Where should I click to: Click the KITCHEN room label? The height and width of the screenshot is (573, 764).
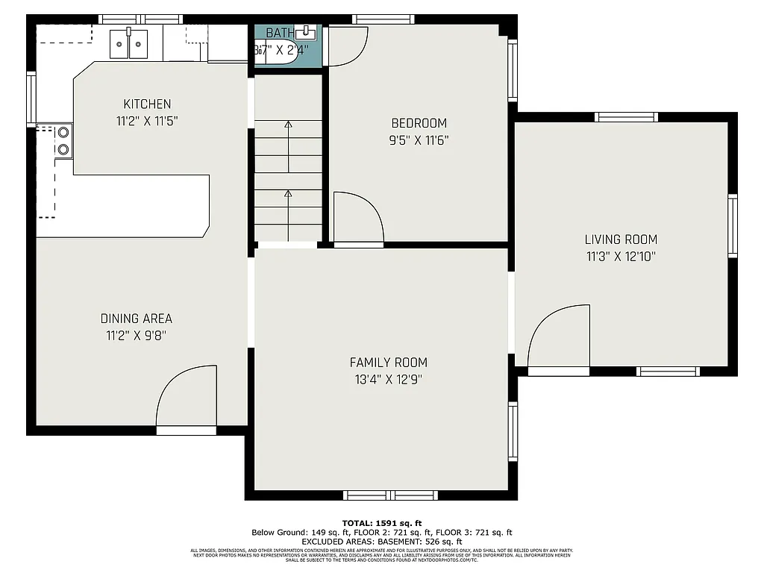coord(147,104)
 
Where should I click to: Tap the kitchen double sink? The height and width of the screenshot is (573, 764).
coord(129,44)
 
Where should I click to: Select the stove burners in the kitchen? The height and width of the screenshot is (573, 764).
coord(63,141)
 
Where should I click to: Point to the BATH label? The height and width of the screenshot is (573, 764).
coord(280,33)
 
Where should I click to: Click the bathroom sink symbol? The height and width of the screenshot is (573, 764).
coord(306,32)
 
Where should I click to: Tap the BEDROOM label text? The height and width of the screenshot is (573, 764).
coord(419,123)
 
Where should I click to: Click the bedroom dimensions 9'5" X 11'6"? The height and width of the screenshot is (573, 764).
coord(419,140)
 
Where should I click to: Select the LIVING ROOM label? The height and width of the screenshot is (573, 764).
coord(621,239)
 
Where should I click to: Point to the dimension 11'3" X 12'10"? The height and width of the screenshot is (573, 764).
coord(621,256)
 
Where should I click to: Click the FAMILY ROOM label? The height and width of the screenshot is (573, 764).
coord(389,363)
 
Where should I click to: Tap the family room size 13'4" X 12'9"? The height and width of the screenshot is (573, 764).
coord(389,379)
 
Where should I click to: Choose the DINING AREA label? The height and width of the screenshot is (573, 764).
coord(137,319)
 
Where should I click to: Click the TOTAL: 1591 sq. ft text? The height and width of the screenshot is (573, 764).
coord(382,522)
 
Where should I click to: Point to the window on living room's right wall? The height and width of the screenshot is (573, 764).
coord(732,226)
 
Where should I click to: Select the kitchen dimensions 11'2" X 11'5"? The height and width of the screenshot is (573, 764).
coord(147,120)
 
